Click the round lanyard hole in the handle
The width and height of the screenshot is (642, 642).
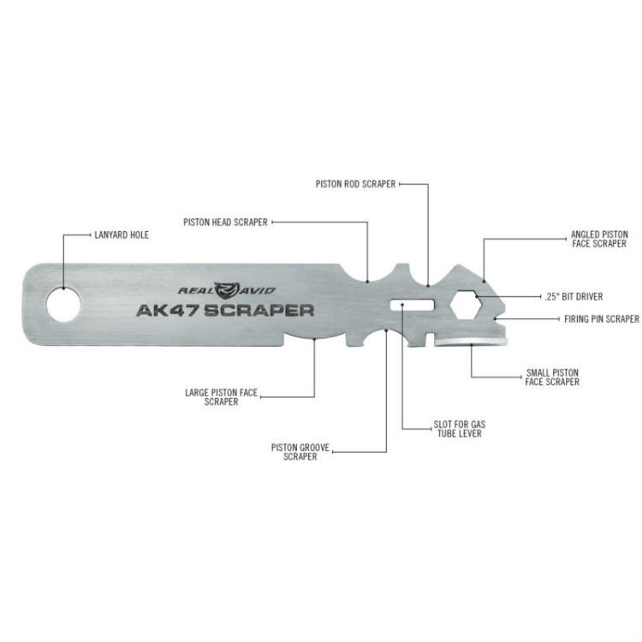[x=63, y=305]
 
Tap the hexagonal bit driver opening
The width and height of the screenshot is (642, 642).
[x=466, y=305]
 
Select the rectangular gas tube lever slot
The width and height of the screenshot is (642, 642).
[x=412, y=305]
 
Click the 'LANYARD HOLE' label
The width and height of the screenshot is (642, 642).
[x=122, y=235]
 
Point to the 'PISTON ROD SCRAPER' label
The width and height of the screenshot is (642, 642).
[x=355, y=184]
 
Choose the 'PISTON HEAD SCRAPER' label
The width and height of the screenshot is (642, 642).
[x=225, y=223]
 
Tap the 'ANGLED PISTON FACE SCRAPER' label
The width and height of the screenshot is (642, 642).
[x=599, y=239]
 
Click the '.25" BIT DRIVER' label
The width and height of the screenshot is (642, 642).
[x=574, y=296]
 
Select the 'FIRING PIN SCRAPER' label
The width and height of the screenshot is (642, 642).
[x=602, y=319]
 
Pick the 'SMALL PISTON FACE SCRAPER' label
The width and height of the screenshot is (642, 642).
[x=552, y=377]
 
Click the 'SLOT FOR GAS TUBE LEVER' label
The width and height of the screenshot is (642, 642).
[x=460, y=429]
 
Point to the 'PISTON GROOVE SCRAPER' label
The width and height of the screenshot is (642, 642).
[x=300, y=452]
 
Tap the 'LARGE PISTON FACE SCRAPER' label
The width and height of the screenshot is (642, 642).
[x=221, y=397]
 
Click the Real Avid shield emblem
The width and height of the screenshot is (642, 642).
[x=226, y=290]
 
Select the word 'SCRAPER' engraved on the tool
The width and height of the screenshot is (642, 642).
[x=259, y=311]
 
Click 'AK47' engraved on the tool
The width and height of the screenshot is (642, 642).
[x=168, y=311]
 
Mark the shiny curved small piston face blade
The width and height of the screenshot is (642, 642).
[x=471, y=341]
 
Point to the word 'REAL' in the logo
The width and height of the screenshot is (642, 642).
[x=196, y=291]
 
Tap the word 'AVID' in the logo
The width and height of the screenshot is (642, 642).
[x=257, y=291]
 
